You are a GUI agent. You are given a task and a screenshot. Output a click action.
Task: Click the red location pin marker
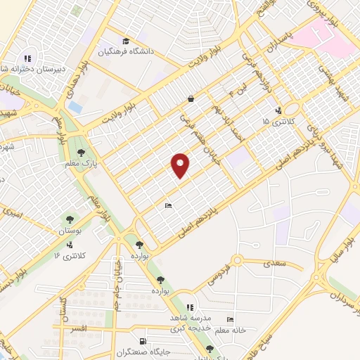[181, 165]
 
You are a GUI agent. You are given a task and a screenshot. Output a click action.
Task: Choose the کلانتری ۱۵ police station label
[275, 122]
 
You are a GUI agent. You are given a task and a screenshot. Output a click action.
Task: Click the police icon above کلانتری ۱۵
[278, 110]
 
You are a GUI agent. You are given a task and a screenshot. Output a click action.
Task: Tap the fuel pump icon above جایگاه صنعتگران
[146, 340]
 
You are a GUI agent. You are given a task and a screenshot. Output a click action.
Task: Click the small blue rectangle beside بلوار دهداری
[76, 108]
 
